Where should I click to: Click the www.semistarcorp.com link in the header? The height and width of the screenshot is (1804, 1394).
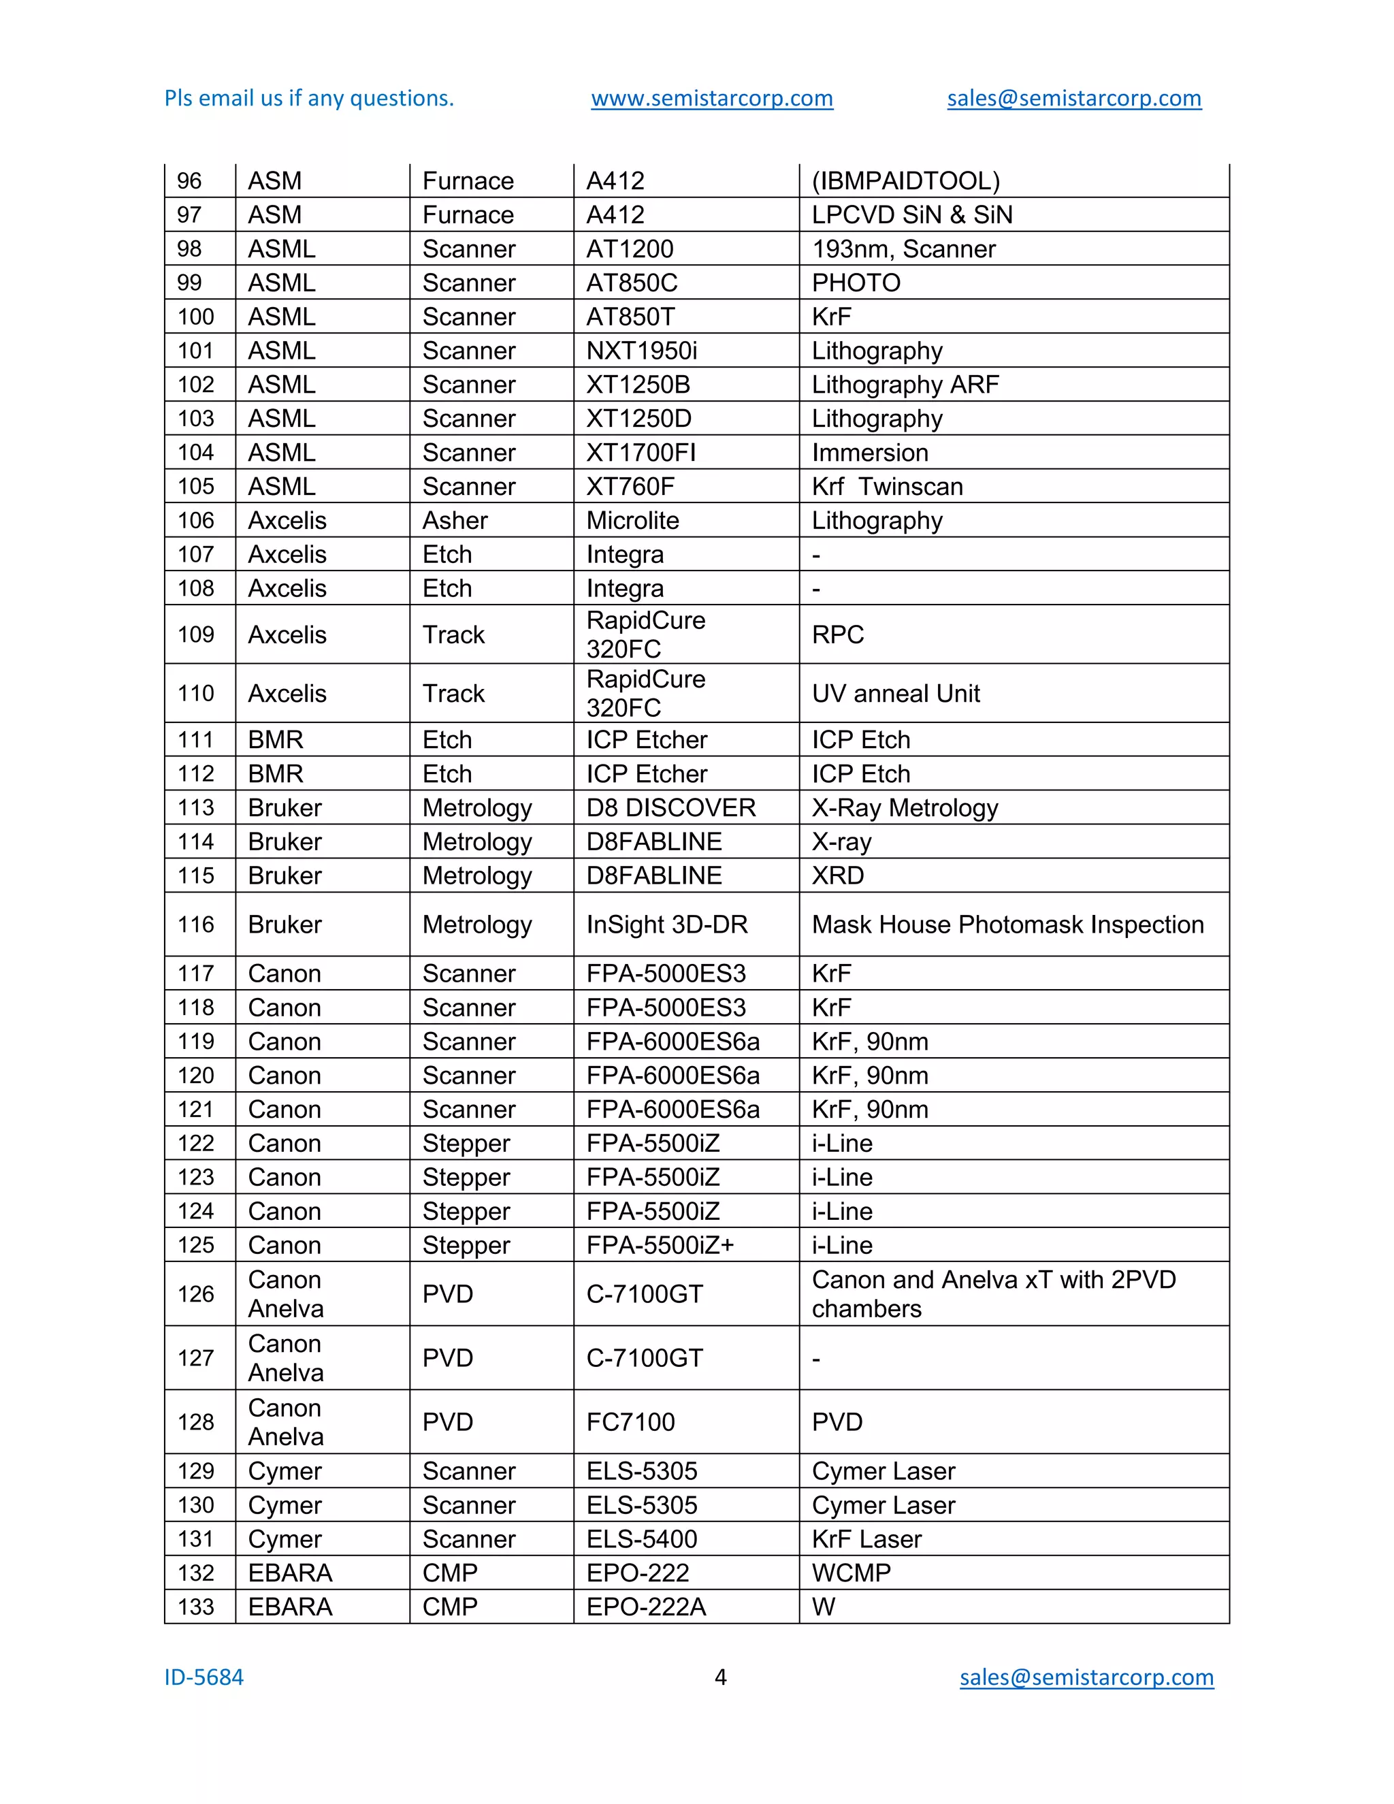coord(712,98)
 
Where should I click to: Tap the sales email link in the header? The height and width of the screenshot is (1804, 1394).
coord(1073,98)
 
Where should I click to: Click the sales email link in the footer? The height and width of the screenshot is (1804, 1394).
coord(1086,1677)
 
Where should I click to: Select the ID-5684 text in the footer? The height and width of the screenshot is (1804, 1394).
coord(204,1677)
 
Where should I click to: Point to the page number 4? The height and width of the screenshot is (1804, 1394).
coord(720,1677)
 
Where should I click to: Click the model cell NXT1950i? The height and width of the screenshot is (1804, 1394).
coord(642,351)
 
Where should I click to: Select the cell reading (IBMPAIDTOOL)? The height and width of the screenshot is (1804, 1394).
coord(905,181)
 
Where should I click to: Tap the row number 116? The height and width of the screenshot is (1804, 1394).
coord(196,924)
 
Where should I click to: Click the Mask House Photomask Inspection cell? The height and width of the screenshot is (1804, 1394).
coord(1007,924)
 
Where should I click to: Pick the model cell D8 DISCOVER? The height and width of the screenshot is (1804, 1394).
coord(670,808)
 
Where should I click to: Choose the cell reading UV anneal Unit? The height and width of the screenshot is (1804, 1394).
coord(895,694)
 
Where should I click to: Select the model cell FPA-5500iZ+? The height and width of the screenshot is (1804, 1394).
coord(660,1246)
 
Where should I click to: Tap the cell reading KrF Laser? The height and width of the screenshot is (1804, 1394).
coord(866,1540)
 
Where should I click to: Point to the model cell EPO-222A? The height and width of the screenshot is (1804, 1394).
coord(646,1607)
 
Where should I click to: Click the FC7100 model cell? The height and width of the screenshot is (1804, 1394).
coord(630,1422)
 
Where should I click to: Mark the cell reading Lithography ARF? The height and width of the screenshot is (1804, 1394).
coord(905,385)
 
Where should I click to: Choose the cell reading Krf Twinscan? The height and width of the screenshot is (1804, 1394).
coord(887,487)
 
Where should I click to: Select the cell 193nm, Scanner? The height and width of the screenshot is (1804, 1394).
coord(903,249)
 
